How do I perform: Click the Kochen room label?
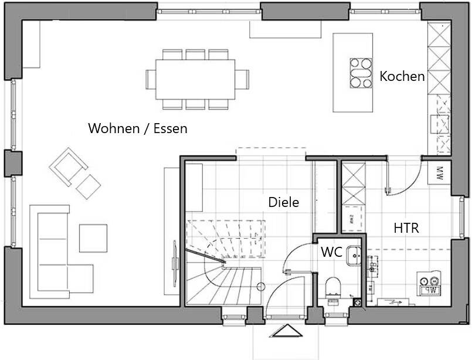click(402, 76)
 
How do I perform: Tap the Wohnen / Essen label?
click(138, 128)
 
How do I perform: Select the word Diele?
click(284, 202)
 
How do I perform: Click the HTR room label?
click(406, 228)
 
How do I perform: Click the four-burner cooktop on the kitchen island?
click(361, 73)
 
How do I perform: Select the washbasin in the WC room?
click(354, 255)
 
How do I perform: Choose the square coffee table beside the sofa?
click(93, 238)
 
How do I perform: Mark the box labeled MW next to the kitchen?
click(440, 174)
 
